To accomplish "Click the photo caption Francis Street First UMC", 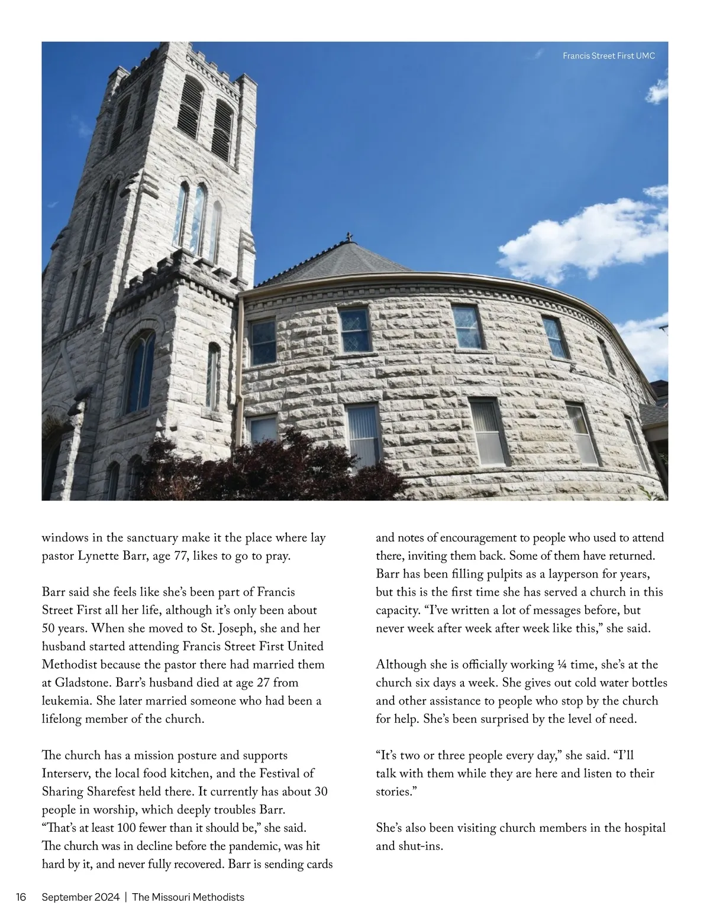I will (609, 56).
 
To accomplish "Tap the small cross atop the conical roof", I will (350, 237).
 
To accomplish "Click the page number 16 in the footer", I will (21, 897).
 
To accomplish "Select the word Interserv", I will (65, 774).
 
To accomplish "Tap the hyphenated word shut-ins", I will (419, 846).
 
